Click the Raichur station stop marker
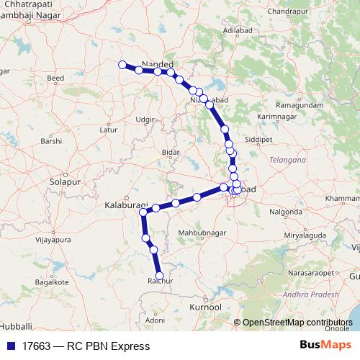159,275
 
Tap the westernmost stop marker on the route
122,64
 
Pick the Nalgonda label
285,213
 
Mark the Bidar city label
171,153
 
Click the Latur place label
108,130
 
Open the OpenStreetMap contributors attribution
297,323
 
